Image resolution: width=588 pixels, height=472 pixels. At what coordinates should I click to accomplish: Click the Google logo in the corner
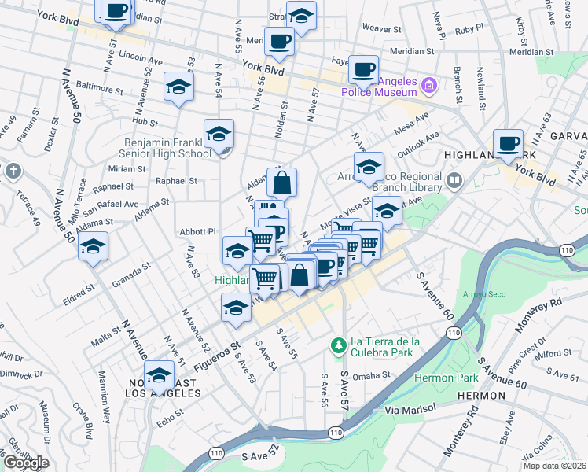(25, 463)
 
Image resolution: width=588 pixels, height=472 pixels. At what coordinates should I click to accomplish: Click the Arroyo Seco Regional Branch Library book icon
(454, 182)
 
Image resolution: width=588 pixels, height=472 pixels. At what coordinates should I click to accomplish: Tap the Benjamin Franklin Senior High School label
(166, 148)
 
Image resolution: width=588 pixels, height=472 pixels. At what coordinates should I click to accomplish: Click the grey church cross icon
(13, 171)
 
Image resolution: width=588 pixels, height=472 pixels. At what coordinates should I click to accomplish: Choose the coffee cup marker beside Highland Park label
(508, 142)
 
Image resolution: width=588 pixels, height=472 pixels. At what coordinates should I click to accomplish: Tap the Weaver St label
(381, 28)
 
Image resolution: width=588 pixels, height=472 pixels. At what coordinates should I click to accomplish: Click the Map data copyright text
(553, 466)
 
